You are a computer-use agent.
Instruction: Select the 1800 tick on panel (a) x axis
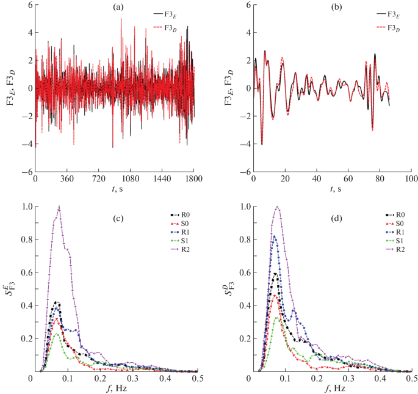[193, 181]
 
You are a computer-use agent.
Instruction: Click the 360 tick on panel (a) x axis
[67, 181]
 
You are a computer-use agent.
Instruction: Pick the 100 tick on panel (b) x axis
[411, 181]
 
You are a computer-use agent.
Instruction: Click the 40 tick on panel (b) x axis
[316, 181]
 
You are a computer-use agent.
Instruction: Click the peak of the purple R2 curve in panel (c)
[59, 206]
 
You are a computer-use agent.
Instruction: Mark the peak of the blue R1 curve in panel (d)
[274, 236]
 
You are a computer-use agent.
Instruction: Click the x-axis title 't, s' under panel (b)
[332, 191]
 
